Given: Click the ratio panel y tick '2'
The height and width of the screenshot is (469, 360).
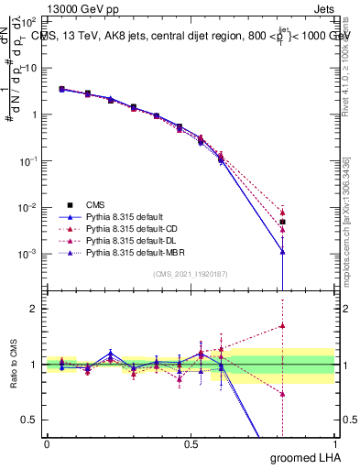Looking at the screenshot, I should click(x=34, y=309).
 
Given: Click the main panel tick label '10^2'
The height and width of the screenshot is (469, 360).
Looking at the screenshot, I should click(x=27, y=22).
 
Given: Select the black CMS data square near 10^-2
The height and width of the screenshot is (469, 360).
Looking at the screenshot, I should click(x=283, y=222).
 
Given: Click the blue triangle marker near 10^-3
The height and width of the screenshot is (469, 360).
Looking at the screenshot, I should click(x=283, y=251).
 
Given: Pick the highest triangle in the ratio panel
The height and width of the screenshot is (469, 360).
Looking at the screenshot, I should click(x=283, y=325).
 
